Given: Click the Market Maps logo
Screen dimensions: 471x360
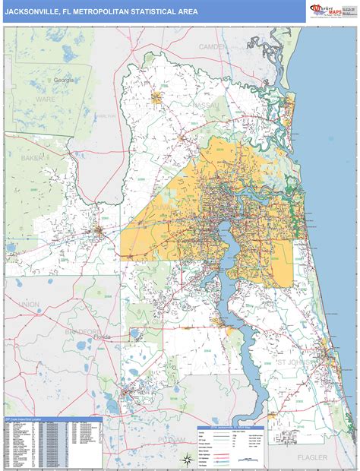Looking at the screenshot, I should click(331, 11).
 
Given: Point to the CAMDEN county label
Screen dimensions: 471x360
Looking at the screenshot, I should click(213, 46).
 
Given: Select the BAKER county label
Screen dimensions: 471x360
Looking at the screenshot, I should click(32, 158).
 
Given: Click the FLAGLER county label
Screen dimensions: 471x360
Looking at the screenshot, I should click(312, 457).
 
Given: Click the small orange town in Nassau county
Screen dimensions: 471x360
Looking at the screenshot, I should click(158, 96).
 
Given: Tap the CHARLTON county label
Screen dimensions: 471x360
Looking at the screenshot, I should click(105, 116).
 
